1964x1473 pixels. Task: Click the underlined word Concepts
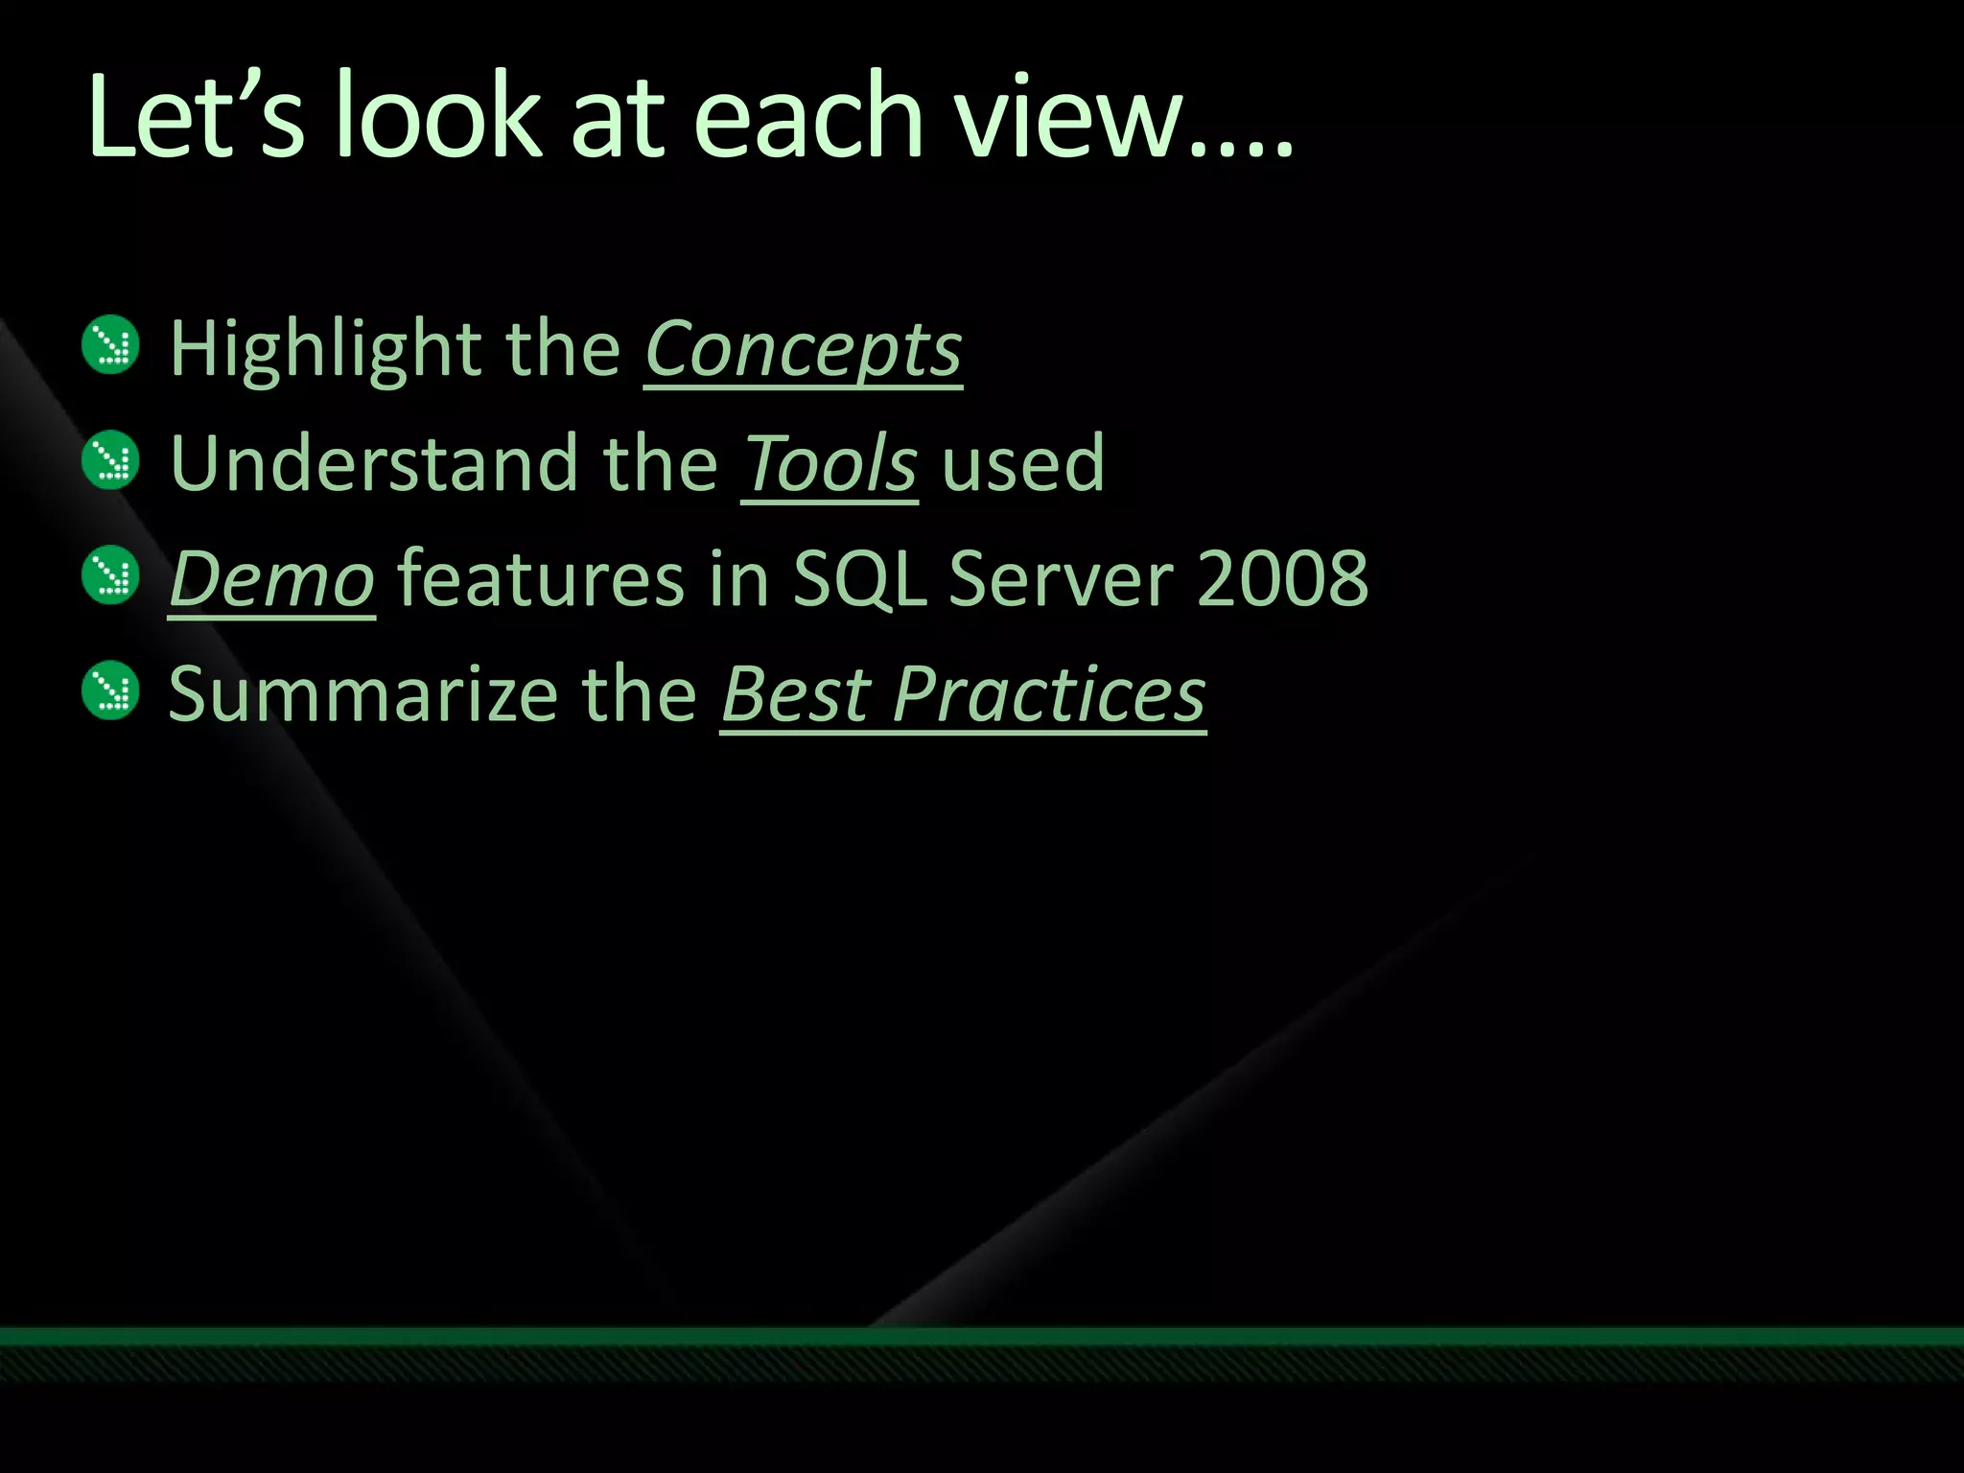click(x=803, y=349)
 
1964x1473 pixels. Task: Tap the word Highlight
click(x=326, y=349)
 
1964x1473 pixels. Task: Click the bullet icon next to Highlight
click(x=111, y=345)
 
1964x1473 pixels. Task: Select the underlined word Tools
click(x=830, y=464)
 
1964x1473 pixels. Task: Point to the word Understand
click(x=374, y=464)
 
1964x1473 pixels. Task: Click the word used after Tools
click(x=1023, y=464)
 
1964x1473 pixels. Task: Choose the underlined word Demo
click(x=271, y=579)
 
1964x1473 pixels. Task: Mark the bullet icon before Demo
click(x=111, y=575)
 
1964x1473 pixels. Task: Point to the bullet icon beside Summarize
click(x=111, y=690)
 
